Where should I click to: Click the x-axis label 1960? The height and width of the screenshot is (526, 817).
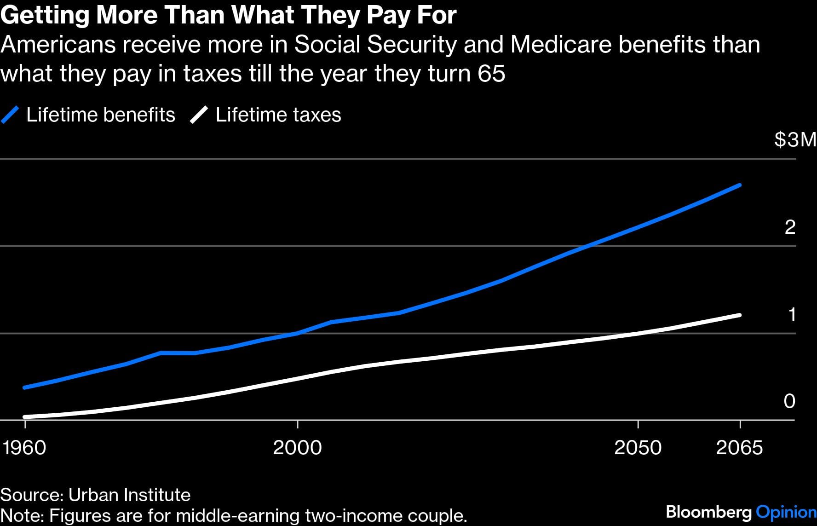(24, 447)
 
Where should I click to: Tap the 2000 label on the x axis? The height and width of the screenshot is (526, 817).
(297, 447)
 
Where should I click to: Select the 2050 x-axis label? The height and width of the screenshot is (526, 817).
(638, 447)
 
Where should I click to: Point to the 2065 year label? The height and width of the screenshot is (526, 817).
(739, 447)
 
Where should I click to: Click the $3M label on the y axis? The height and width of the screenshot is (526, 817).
(795, 139)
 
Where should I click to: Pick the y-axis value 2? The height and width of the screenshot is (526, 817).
(790, 227)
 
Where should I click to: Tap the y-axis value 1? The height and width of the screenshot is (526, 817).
(792, 315)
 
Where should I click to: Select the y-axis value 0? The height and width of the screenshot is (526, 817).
(789, 401)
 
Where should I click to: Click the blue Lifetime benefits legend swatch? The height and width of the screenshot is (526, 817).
(10, 115)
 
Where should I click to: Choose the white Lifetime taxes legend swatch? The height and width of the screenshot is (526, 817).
(199, 115)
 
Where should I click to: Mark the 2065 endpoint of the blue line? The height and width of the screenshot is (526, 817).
(740, 185)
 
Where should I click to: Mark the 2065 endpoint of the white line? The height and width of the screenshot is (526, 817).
(740, 315)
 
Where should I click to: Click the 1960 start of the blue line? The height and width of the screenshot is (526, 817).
(24, 387)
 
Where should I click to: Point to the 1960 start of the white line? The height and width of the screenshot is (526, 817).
(24, 417)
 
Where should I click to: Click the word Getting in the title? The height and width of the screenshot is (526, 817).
(45, 16)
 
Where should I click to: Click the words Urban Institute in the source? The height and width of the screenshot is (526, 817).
(129, 495)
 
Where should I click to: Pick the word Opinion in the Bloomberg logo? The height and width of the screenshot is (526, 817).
(786, 512)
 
